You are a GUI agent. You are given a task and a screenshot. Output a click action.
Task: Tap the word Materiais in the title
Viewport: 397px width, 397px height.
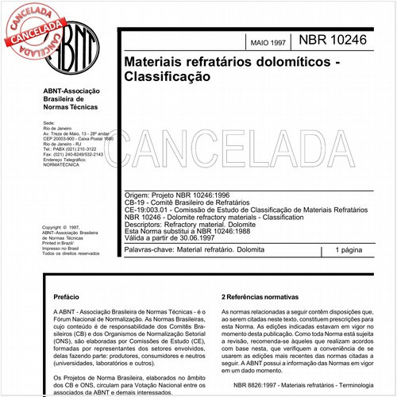157,62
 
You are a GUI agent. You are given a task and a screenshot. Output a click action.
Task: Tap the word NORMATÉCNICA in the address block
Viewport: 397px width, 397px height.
63,168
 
